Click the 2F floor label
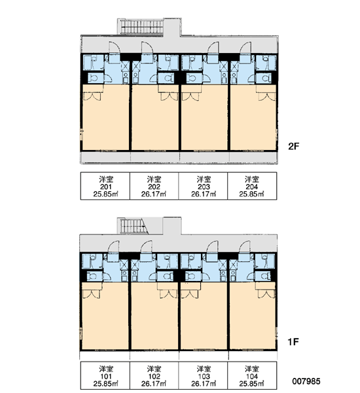(294, 146)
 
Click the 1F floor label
(293, 342)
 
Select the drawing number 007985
(306, 381)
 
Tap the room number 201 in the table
(106, 187)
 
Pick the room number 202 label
(154, 187)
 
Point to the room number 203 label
(204, 187)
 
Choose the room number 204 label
(252, 187)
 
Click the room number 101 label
(106, 376)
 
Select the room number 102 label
(154, 376)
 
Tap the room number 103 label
(204, 376)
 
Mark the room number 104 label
(252, 376)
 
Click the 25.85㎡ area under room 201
(106, 194)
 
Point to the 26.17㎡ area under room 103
(204, 383)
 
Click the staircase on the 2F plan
(142, 27)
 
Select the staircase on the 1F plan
(133, 226)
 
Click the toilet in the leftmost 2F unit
(93, 78)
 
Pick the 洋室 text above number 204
(252, 179)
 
